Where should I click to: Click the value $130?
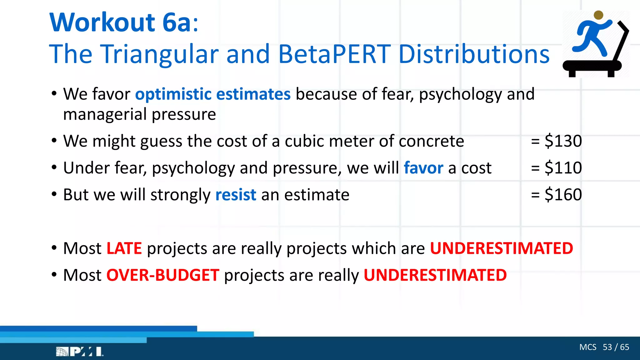[x=563, y=141]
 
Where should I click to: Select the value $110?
[x=563, y=168]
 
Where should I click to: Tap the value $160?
[x=563, y=195]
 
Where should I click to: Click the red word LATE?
[x=124, y=248]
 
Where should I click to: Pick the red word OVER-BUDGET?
[x=163, y=275]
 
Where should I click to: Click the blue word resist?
[x=236, y=195]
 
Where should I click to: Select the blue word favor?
[x=423, y=168]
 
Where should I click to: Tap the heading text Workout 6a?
[x=123, y=22]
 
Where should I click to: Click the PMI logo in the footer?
[x=80, y=352]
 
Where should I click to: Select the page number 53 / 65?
[x=616, y=347]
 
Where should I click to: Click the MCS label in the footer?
[x=587, y=347]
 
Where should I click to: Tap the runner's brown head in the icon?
[x=598, y=15]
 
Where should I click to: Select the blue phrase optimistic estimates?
[x=213, y=94]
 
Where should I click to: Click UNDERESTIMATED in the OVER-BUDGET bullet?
[x=435, y=275]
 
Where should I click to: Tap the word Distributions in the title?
[x=474, y=54]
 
